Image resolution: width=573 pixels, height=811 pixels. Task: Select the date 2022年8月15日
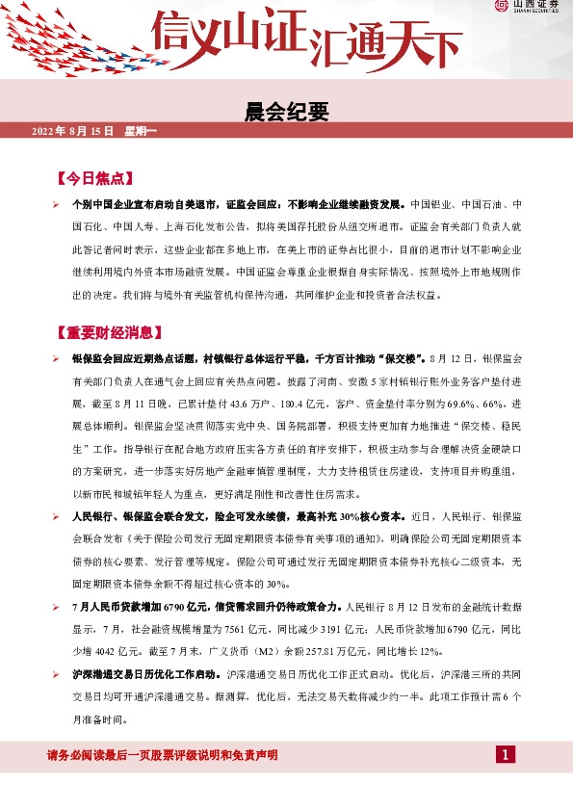(x=73, y=130)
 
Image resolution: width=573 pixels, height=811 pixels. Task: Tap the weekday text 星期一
(x=141, y=130)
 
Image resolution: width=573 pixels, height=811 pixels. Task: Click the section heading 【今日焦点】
(x=93, y=179)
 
